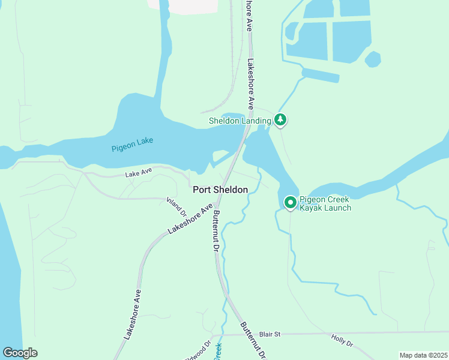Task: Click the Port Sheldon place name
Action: pos(220,190)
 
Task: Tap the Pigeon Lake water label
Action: pos(132,144)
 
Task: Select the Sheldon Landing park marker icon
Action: pos(280,120)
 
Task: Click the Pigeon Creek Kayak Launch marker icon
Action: pos(291,203)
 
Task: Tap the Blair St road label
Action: pos(270,334)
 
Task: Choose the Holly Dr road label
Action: pos(343,340)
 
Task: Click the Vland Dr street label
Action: pos(178,207)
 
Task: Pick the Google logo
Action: pos(20,353)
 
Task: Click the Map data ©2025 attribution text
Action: pos(423,355)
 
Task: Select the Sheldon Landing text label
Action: pos(240,121)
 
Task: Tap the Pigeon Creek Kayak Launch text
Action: pos(325,203)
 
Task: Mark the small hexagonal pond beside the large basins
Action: pos(373,59)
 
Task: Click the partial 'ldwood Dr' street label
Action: pos(199,350)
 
